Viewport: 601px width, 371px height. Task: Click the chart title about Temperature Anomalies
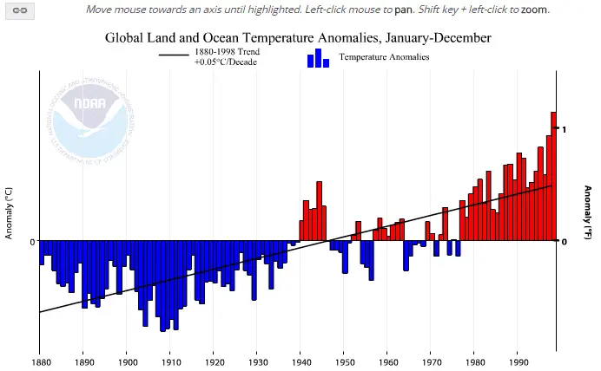point(298,38)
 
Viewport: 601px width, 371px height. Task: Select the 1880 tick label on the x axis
point(40,361)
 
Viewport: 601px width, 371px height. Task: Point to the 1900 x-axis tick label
point(127,361)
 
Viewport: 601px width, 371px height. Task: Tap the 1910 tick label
point(170,361)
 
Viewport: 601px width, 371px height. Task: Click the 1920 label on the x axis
point(214,361)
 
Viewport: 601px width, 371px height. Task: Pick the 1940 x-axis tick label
point(300,361)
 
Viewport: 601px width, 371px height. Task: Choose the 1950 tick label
point(344,361)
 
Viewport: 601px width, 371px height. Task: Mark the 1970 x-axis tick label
point(431,361)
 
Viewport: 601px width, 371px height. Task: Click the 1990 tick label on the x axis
point(518,361)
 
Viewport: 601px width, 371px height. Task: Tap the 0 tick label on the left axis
point(32,242)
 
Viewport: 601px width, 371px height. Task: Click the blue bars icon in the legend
point(318,58)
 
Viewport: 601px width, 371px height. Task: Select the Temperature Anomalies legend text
point(384,57)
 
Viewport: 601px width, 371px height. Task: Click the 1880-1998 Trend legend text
point(226,52)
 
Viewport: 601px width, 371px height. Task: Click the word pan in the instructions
point(405,10)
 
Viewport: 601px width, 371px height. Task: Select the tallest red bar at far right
point(553,177)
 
